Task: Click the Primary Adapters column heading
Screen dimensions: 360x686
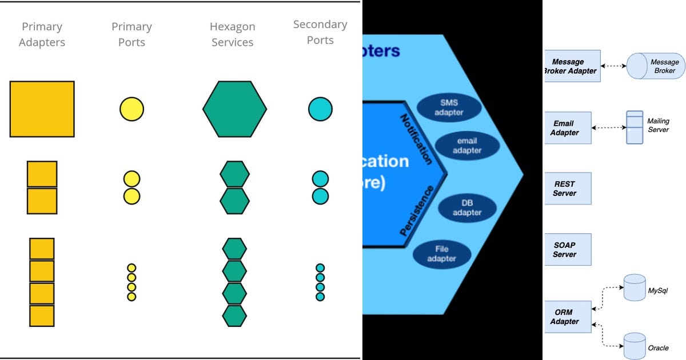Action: [x=42, y=34]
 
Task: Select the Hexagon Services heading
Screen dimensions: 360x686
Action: [x=232, y=34]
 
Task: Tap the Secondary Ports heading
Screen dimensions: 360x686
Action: [x=320, y=32]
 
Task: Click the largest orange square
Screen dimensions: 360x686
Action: [x=42, y=109]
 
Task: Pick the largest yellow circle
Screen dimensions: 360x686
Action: [x=131, y=109]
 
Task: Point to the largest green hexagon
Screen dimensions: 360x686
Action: [x=234, y=109]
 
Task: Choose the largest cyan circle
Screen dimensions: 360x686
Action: [x=320, y=109]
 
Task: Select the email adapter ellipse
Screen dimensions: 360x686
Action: [x=467, y=145]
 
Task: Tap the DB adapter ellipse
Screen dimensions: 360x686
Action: [x=467, y=207]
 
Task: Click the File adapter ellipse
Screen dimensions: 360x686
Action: [x=441, y=254]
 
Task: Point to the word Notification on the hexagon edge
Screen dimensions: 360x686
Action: [x=415, y=139]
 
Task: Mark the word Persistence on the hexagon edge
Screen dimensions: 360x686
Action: [x=417, y=211]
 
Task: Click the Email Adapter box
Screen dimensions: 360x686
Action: [x=567, y=128]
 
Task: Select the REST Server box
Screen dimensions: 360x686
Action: [x=567, y=189]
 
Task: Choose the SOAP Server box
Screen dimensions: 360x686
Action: [x=567, y=250]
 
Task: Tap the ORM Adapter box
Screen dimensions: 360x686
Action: [x=567, y=317]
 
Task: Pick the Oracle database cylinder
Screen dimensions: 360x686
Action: [x=635, y=346]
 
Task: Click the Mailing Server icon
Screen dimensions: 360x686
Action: [x=635, y=127]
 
